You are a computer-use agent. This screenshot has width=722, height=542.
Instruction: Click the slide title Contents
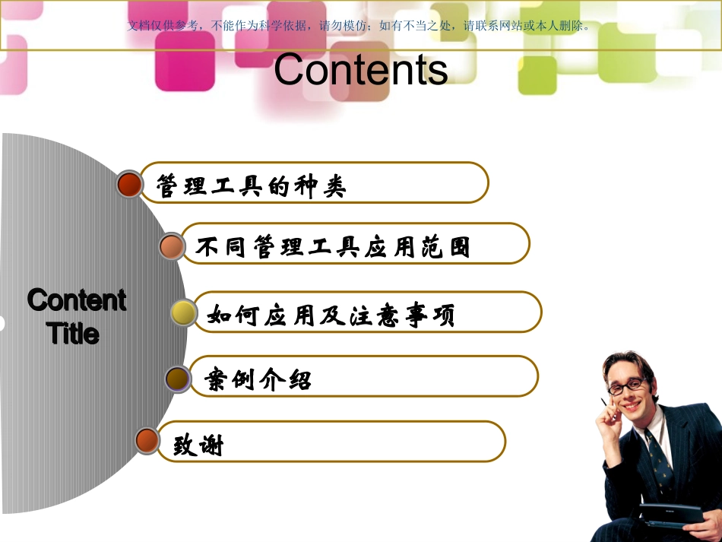coord(360,70)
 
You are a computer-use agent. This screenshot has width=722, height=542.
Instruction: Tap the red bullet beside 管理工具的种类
coord(131,184)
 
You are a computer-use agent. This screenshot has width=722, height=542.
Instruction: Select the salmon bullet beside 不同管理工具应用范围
coord(173,246)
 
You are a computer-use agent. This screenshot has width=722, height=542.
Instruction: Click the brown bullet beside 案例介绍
coord(177,378)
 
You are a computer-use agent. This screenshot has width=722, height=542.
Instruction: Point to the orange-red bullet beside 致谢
coord(147,440)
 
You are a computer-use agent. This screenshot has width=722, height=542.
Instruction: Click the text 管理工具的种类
coord(252,185)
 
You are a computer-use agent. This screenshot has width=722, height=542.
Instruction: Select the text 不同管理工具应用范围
coord(333,247)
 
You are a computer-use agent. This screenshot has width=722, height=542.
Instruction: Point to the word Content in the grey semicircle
coord(76,300)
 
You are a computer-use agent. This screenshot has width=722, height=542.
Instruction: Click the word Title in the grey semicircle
coord(73,333)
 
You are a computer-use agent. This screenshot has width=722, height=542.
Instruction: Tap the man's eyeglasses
coord(626,386)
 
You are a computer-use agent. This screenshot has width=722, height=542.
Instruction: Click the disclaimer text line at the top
coord(360,25)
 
